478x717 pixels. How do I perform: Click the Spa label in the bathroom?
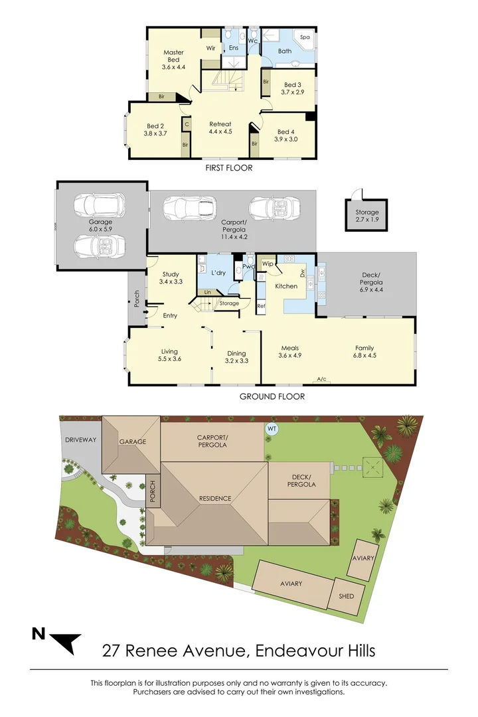(305, 38)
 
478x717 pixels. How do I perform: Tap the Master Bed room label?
(173, 59)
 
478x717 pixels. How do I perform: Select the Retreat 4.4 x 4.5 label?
(220, 127)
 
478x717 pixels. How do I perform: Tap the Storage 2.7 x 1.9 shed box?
(366, 216)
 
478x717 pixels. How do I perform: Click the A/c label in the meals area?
(321, 379)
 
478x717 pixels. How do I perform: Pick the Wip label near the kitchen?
(268, 264)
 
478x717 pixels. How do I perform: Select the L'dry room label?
(219, 274)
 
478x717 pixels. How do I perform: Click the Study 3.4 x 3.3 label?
(171, 278)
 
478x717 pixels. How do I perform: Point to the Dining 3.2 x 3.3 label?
(236, 357)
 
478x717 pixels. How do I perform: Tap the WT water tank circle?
(272, 429)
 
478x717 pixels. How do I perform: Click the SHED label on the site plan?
(346, 596)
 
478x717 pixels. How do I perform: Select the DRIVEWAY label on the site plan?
(80, 440)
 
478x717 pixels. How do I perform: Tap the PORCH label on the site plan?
(153, 492)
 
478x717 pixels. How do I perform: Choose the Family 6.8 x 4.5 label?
(364, 352)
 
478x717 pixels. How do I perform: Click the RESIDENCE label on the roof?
(215, 498)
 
